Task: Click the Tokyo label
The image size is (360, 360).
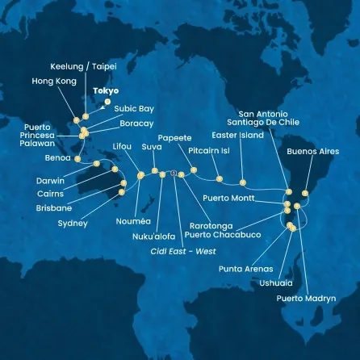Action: [x=106, y=91]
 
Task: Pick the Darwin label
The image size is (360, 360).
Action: [x=50, y=181]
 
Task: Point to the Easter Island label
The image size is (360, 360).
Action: [x=242, y=135]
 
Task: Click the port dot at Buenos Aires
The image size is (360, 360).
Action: [x=304, y=193]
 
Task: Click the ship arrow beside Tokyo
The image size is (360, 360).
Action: [x=102, y=103]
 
